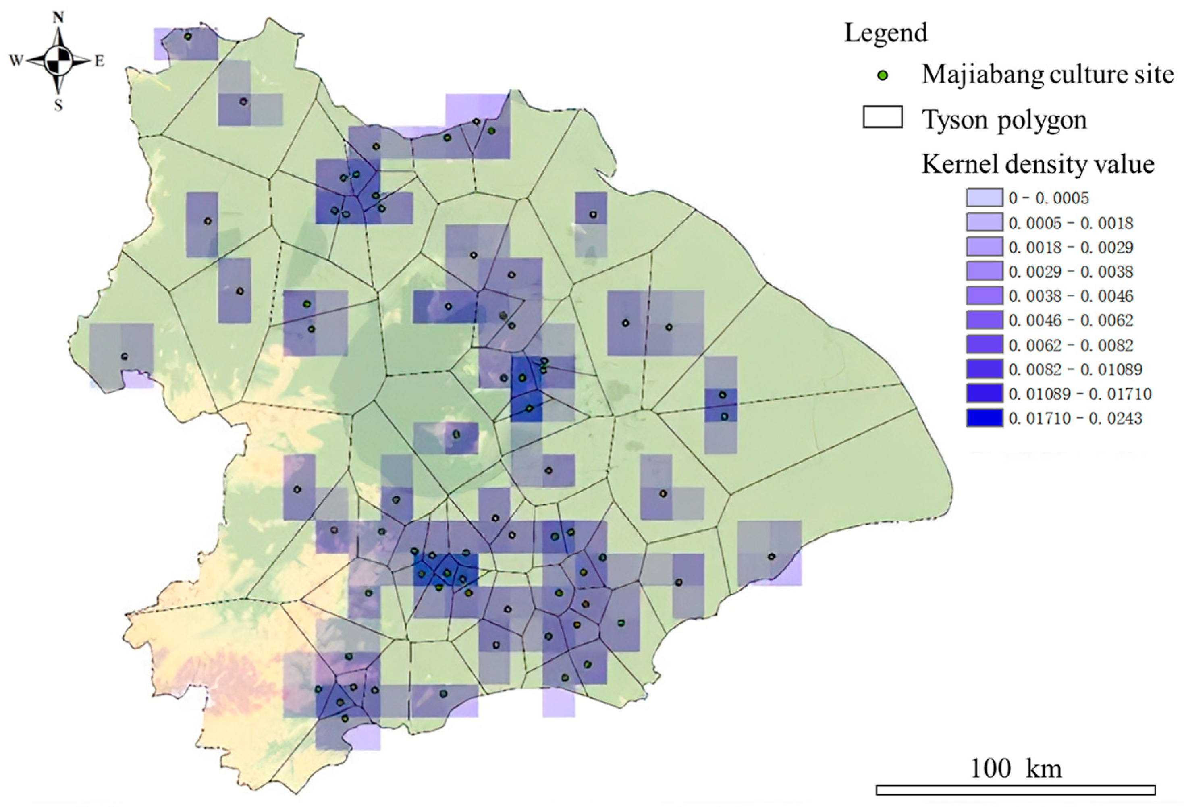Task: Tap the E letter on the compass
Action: pos(100,62)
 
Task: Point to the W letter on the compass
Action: pos(16,62)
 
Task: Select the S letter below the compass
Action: pos(58,106)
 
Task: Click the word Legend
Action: pos(886,33)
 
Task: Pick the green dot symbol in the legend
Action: pos(884,75)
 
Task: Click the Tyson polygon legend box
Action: pos(883,117)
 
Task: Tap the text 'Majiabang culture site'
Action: pos(1047,75)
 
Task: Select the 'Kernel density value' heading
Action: pos(1038,164)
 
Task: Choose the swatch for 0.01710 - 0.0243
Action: pos(984,418)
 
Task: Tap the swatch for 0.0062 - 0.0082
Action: pos(984,344)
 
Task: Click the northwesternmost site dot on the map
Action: pos(187,37)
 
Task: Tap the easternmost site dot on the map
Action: pos(771,556)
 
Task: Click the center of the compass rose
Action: pos(58,62)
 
